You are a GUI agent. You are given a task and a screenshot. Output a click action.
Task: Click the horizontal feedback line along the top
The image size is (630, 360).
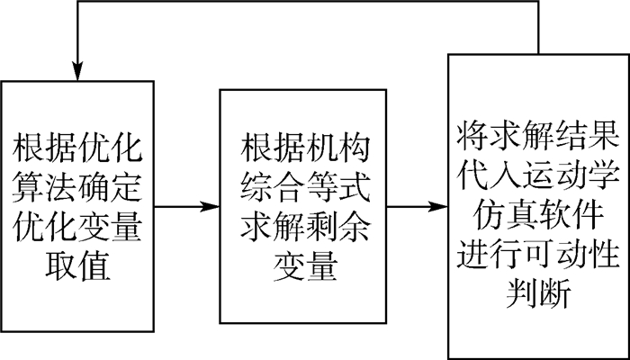pyautogui.click(x=306, y=5)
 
